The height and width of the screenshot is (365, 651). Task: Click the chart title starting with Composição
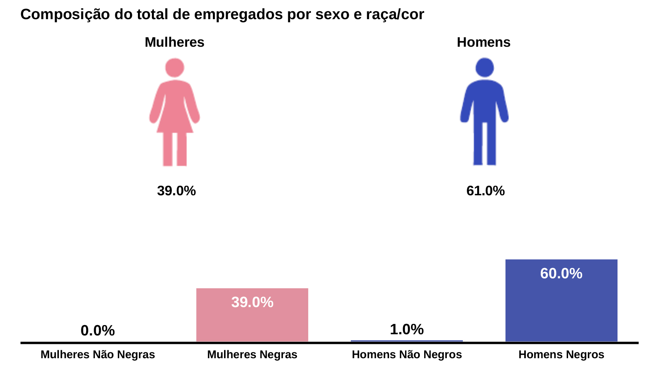pyautogui.click(x=222, y=15)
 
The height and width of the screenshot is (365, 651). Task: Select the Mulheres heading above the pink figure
pyautogui.click(x=174, y=42)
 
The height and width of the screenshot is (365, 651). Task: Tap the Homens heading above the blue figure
pyautogui.click(x=483, y=42)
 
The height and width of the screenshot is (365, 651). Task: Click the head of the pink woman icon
pyautogui.click(x=175, y=67)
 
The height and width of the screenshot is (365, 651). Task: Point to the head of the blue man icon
pyautogui.click(x=484, y=67)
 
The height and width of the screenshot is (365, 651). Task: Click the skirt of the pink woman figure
pyautogui.click(x=175, y=120)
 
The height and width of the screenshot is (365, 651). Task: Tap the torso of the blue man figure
pyautogui.click(x=484, y=100)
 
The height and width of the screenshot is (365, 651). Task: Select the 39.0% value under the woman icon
pyautogui.click(x=176, y=191)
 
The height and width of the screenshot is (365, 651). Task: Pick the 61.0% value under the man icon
pyautogui.click(x=485, y=191)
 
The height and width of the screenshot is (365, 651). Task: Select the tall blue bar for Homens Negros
pyautogui.click(x=561, y=307)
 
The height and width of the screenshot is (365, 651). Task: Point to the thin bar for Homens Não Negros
pyautogui.click(x=407, y=341)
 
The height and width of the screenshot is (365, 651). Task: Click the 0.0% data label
pyautogui.click(x=98, y=331)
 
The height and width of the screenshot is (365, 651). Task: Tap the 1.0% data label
pyautogui.click(x=407, y=329)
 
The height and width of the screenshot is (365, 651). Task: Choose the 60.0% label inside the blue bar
pyautogui.click(x=561, y=274)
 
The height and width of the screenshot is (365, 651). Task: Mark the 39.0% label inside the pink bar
pyautogui.click(x=252, y=302)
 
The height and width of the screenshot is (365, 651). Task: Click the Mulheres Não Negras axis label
pyautogui.click(x=98, y=355)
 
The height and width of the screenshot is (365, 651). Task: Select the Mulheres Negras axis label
pyautogui.click(x=252, y=355)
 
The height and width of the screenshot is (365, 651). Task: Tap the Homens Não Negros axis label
pyautogui.click(x=407, y=355)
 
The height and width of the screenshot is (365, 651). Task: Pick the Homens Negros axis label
pyautogui.click(x=561, y=355)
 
